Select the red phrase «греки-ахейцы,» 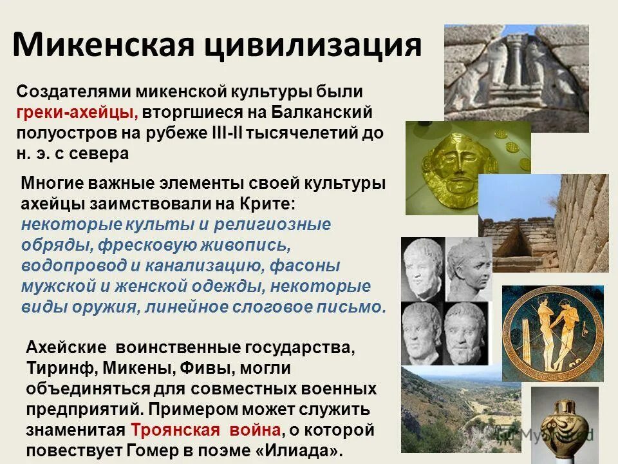(77, 113)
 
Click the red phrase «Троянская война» (206, 430)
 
